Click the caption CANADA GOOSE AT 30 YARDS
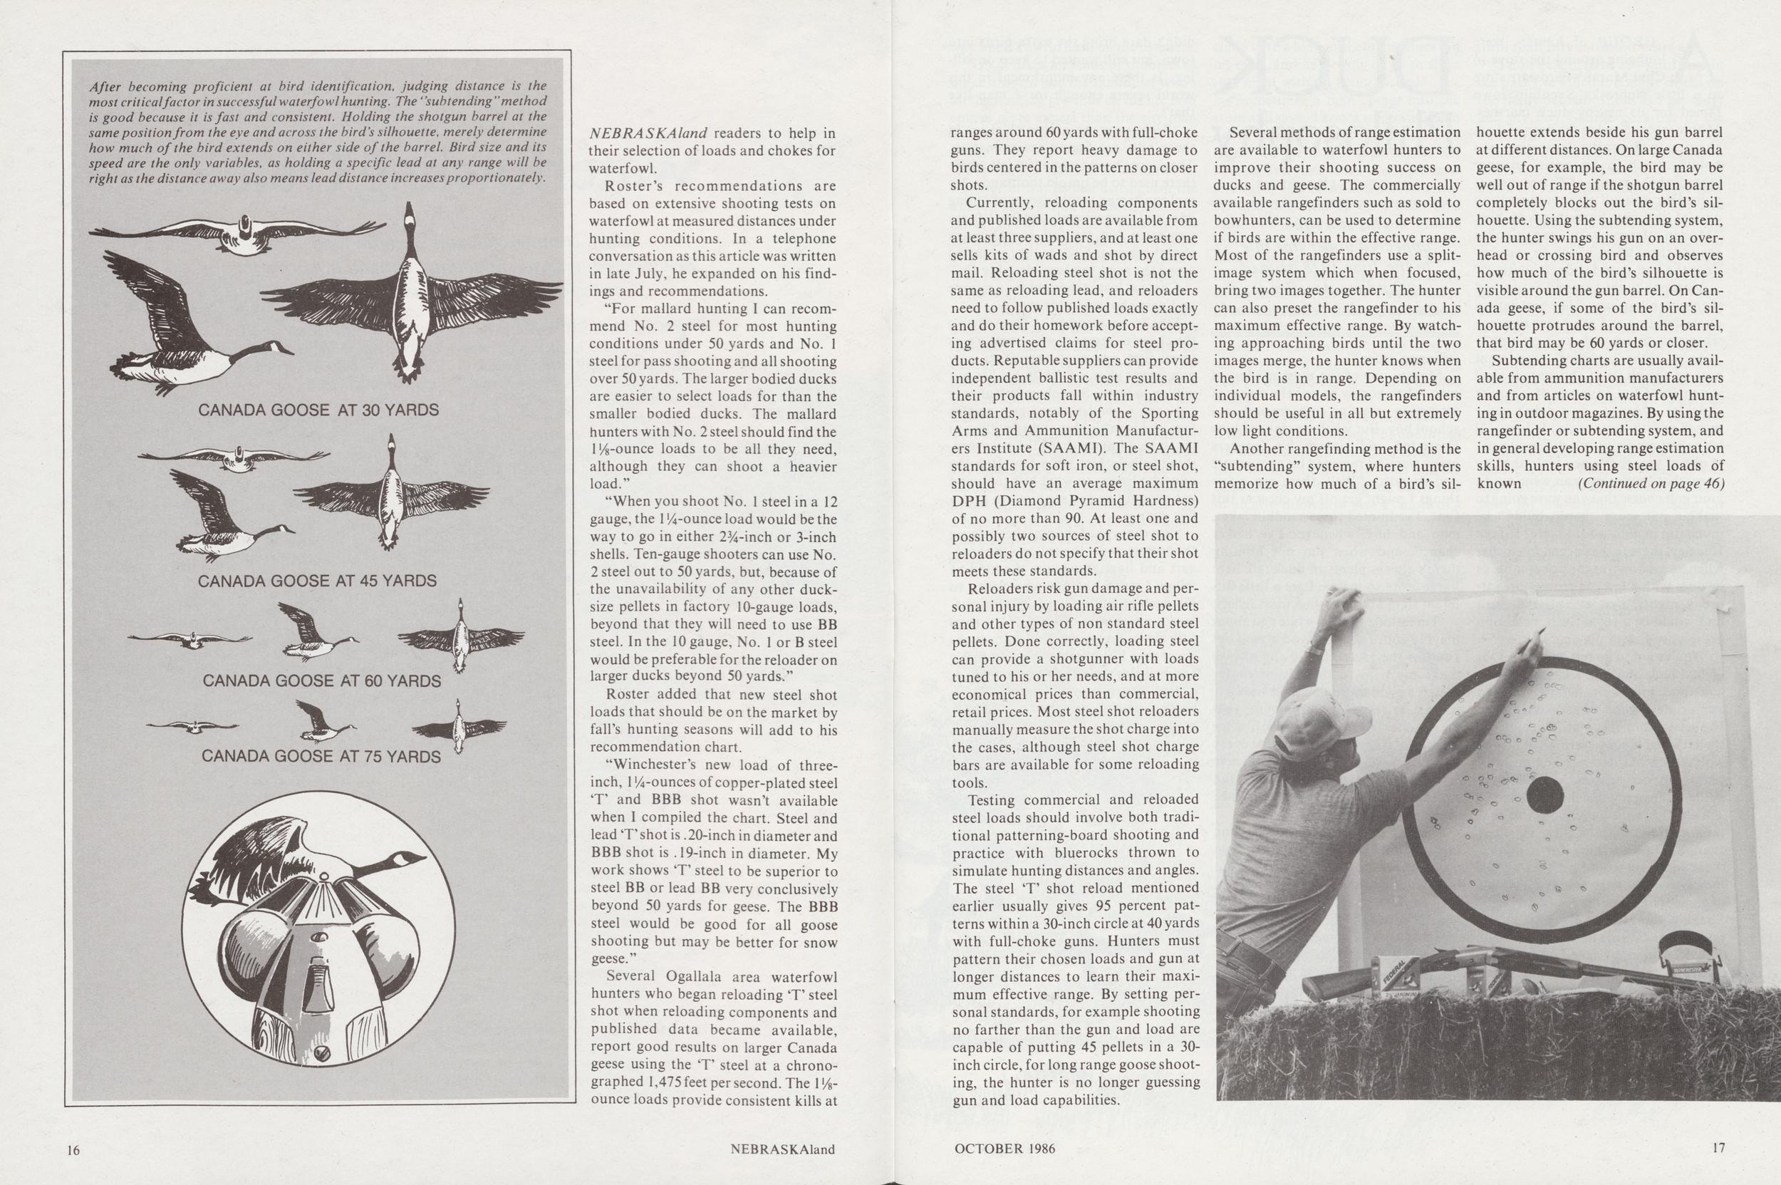click(318, 410)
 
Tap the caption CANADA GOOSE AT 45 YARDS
click(317, 581)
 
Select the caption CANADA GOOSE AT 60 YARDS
click(322, 681)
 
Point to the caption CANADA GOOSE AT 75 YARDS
click(321, 757)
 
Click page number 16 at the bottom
click(73, 1149)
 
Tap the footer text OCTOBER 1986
click(1004, 1149)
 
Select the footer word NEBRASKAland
click(782, 1149)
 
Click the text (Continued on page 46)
click(1651, 485)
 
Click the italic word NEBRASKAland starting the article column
click(646, 134)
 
